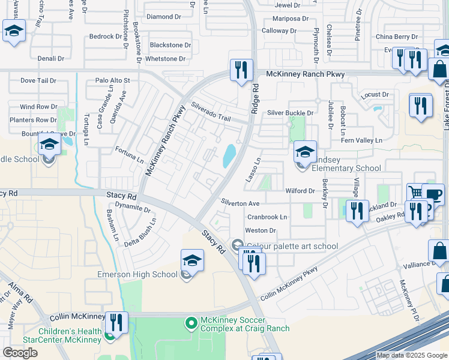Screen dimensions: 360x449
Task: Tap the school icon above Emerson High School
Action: tap(192, 260)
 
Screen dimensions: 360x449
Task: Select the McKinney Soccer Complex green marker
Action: tap(191, 323)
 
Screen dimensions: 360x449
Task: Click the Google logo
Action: tap(20, 353)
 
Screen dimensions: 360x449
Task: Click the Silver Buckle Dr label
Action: tap(291, 113)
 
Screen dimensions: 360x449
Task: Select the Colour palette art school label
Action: tap(292, 246)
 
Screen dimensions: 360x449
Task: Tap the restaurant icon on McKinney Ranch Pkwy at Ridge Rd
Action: tap(241, 70)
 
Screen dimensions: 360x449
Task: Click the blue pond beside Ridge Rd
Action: tap(229, 156)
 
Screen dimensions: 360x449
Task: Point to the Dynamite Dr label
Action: tap(134, 208)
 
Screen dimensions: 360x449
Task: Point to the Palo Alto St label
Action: tap(113, 80)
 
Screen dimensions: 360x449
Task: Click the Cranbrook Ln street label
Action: tap(267, 217)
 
